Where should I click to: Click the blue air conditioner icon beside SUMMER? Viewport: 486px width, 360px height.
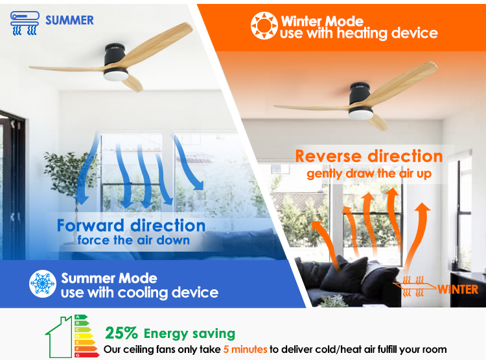pyautogui.click(x=25, y=23)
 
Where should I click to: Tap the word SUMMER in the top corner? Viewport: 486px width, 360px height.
pyautogui.click(x=69, y=21)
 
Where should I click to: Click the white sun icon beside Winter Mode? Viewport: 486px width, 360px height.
pyautogui.click(x=264, y=25)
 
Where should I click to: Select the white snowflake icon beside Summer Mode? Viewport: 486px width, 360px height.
pyautogui.click(x=43, y=283)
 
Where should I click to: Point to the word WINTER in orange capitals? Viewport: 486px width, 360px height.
pyautogui.click(x=457, y=289)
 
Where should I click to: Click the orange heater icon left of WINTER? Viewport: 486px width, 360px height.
pyautogui.click(x=414, y=286)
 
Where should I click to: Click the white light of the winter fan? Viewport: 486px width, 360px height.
pyautogui.click(x=361, y=114)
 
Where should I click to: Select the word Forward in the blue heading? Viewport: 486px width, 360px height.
pyautogui.click(x=91, y=226)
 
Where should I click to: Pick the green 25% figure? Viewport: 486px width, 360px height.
pyautogui.click(x=122, y=333)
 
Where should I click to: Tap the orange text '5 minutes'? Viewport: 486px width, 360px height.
pyautogui.click(x=245, y=350)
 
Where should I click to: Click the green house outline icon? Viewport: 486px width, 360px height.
pyautogui.click(x=59, y=337)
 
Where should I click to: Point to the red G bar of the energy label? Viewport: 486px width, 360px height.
pyautogui.click(x=87, y=355)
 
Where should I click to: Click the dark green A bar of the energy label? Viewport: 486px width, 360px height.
pyautogui.click(x=81, y=317)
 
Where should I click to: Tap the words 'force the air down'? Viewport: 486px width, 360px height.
pyautogui.click(x=133, y=241)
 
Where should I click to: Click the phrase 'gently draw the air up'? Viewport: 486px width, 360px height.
pyautogui.click(x=369, y=174)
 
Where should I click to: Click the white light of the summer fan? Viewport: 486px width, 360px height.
pyautogui.click(x=115, y=75)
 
